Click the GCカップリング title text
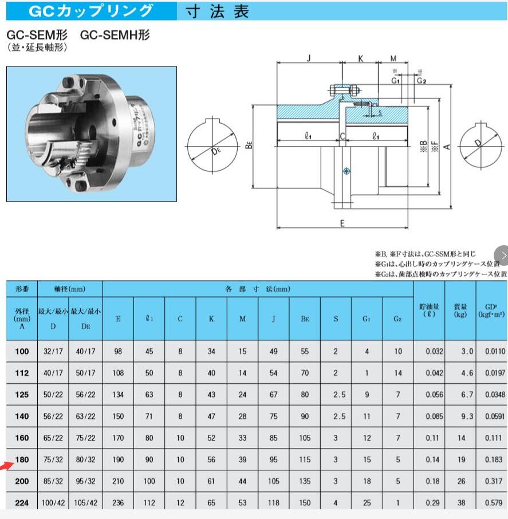91,10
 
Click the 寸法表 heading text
218,11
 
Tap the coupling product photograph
92,134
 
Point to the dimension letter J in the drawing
309,58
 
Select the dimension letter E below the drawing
342,223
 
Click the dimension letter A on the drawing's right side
448,146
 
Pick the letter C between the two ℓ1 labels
342,136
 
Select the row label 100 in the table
22,352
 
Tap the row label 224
22,502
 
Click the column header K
211,319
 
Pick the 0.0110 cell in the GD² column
491,352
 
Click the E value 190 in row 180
118,459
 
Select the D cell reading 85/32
53,481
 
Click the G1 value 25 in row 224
367,502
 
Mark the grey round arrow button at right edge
503,254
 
